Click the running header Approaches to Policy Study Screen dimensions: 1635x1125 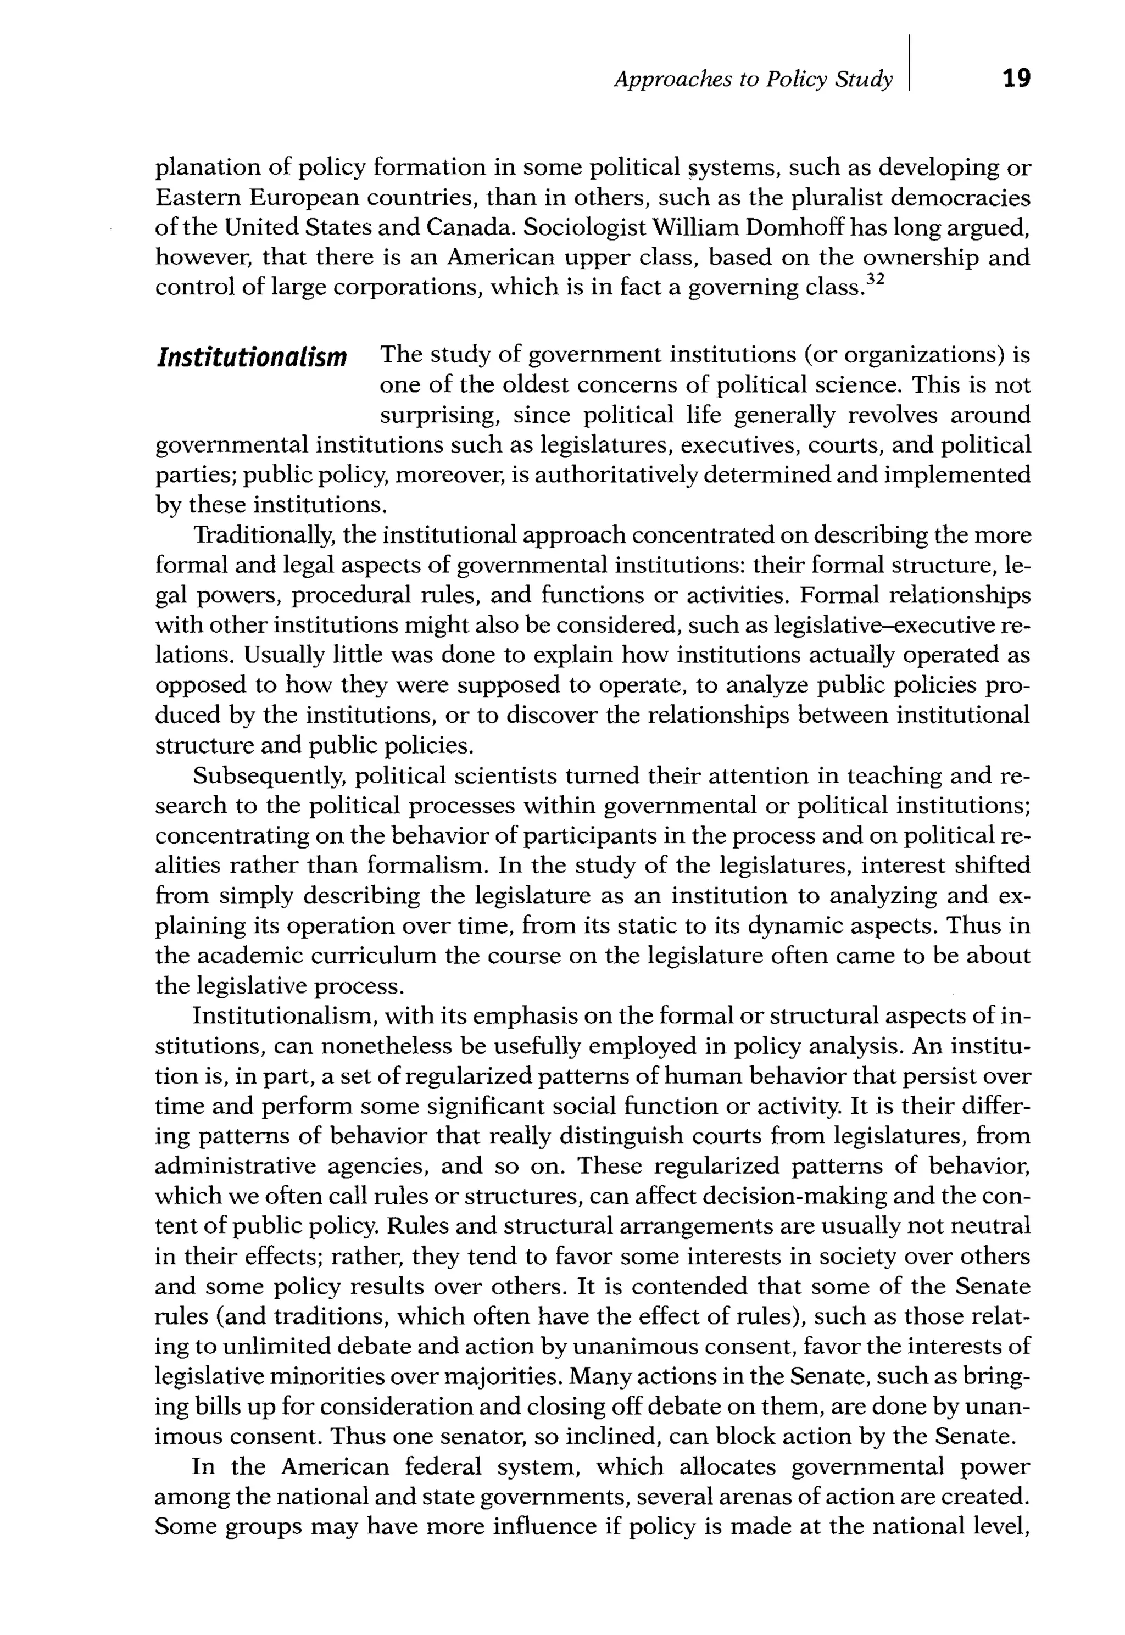tap(753, 80)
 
